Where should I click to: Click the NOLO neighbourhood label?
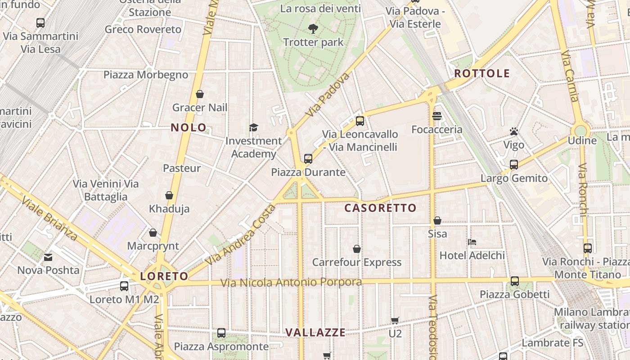point(189,128)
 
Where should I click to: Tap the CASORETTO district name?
point(380,208)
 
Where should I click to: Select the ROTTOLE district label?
point(482,73)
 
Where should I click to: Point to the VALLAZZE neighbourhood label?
point(315,333)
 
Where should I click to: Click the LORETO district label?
point(164,276)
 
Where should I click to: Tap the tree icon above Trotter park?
point(313,29)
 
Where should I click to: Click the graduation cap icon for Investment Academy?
point(253,128)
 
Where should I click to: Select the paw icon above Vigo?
point(514,131)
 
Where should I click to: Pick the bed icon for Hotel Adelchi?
point(472,242)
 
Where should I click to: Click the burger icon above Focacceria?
point(436,116)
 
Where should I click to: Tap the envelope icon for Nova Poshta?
point(48,257)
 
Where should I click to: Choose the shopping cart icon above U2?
point(395,321)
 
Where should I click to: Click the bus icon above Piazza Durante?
point(308,158)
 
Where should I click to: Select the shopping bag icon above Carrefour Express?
point(357,249)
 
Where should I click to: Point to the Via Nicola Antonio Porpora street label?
point(291,283)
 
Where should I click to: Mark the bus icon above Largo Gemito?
point(514,165)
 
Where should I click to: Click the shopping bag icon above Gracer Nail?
point(200,94)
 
